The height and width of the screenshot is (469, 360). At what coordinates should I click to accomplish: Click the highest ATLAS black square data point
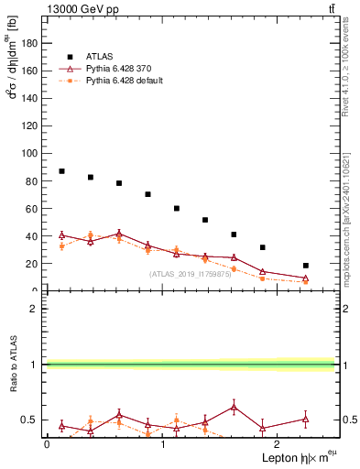pyautogui.click(x=61, y=171)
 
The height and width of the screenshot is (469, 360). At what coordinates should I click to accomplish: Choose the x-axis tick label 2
pyautogui.click(x=278, y=444)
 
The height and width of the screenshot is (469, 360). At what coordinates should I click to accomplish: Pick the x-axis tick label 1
pyautogui.click(x=162, y=444)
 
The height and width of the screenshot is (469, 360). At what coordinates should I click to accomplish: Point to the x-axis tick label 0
pyautogui.click(x=47, y=444)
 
